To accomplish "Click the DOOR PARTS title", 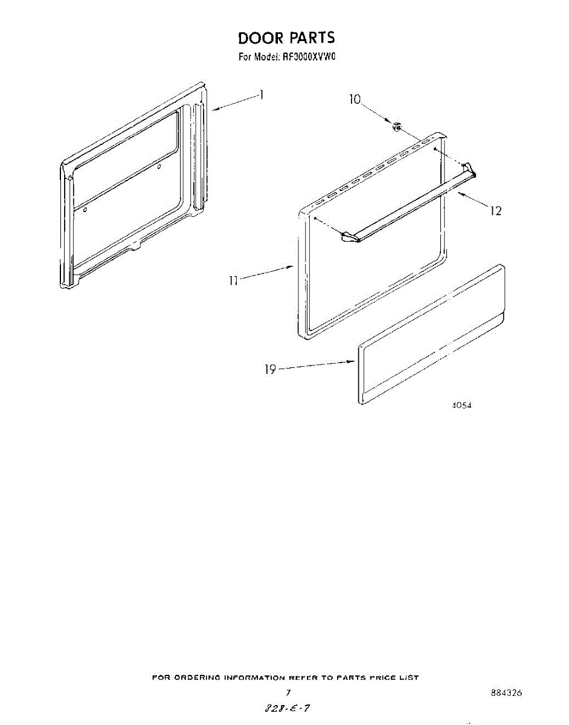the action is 286,38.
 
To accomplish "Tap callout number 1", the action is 261,95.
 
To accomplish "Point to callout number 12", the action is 495,211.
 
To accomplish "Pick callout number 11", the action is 233,280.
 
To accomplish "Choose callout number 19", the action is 270,369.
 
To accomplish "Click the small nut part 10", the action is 397,126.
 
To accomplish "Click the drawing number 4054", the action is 461,405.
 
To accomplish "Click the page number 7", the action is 288,693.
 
